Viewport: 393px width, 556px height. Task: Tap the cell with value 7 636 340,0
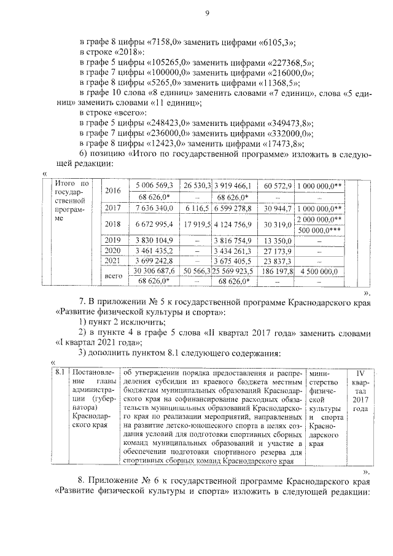tap(152, 209)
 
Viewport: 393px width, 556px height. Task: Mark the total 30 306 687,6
tap(152, 270)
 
